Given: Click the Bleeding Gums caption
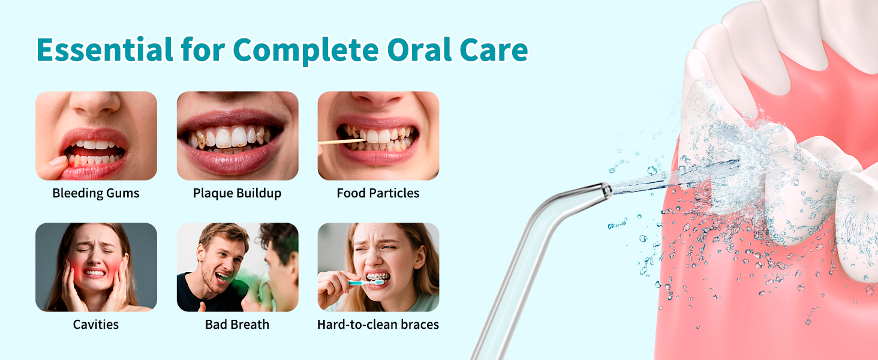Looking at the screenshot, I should click(x=96, y=193).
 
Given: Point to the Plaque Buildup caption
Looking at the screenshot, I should click(x=237, y=193).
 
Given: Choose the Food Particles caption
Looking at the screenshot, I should click(x=378, y=193).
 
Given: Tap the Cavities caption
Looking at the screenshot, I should click(x=96, y=325).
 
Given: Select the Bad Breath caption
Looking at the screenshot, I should click(x=237, y=325).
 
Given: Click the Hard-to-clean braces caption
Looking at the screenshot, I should click(x=378, y=325).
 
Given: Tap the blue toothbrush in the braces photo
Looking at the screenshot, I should click(x=366, y=283).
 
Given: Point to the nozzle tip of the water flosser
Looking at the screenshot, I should click(x=606, y=191).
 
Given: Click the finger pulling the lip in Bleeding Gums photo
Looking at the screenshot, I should click(x=57, y=161).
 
